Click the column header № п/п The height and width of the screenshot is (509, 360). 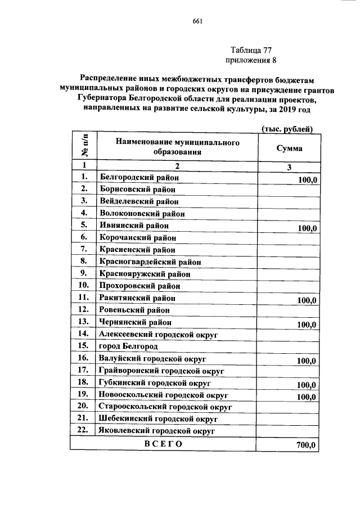click(x=84, y=146)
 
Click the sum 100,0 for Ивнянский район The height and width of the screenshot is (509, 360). click(x=307, y=228)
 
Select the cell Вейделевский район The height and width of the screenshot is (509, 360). click(x=139, y=201)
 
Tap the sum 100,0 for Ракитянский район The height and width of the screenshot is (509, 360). click(x=307, y=301)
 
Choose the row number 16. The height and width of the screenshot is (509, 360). click(x=84, y=358)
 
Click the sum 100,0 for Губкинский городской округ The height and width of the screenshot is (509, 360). click(x=307, y=385)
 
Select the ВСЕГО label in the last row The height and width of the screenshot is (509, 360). click(x=163, y=443)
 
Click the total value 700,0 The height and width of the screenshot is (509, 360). click(x=307, y=445)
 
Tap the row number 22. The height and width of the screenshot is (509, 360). click(x=84, y=431)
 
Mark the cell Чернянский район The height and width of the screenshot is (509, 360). click(x=135, y=322)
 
